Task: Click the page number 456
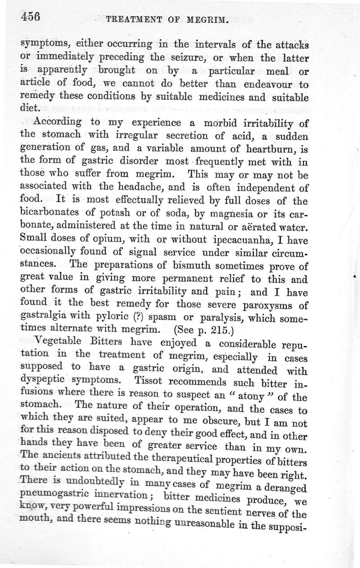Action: [30, 18]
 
